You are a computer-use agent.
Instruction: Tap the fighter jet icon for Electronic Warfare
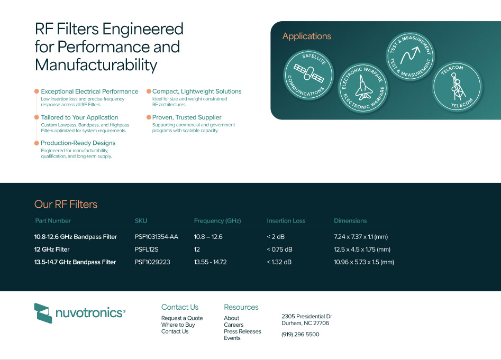click(363, 88)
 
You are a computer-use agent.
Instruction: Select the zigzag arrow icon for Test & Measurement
click(410, 55)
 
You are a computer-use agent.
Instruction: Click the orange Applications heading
click(307, 36)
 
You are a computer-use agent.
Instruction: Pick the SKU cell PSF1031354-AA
click(156, 237)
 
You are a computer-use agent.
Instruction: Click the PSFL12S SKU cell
click(147, 250)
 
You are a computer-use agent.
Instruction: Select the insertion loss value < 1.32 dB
click(279, 262)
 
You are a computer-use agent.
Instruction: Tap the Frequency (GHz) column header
click(217, 221)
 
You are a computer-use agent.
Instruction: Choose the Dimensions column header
click(350, 221)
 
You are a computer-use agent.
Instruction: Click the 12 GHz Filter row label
click(52, 250)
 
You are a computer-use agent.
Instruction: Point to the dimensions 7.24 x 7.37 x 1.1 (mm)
click(361, 237)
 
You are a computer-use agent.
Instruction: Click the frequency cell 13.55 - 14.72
click(210, 262)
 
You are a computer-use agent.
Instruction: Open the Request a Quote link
click(182, 318)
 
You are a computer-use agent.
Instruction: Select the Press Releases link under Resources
click(242, 331)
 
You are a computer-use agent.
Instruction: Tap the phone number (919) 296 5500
click(300, 335)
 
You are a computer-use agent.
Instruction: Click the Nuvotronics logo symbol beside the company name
click(43, 313)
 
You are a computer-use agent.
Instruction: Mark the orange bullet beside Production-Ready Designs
click(37, 143)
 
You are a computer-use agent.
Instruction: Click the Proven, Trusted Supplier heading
click(187, 117)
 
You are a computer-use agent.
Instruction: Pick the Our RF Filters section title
click(66, 204)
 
